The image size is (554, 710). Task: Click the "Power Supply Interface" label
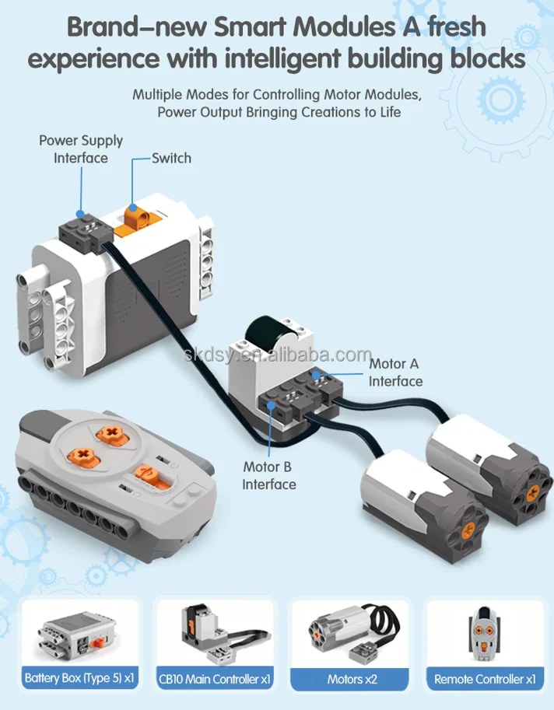click(x=81, y=149)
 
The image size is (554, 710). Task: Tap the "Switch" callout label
click(x=171, y=158)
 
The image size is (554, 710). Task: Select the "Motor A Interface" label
click(x=395, y=372)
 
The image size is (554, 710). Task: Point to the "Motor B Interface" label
click(x=269, y=475)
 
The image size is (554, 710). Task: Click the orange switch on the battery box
click(x=135, y=215)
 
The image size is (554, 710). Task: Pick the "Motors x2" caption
click(x=352, y=678)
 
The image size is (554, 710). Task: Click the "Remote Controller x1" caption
click(x=485, y=678)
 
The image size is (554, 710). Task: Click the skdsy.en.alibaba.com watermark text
click(x=279, y=355)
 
